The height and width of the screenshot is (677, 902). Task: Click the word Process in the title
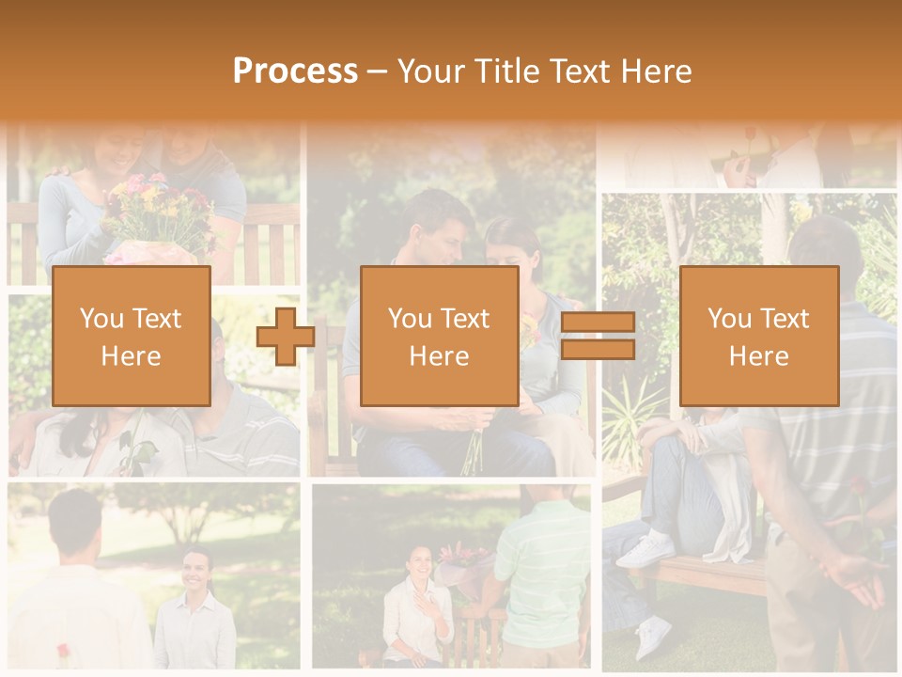pyautogui.click(x=295, y=71)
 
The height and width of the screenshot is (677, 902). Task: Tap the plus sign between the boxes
pyautogui.click(x=286, y=337)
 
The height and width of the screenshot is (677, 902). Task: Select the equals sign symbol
pyautogui.click(x=598, y=337)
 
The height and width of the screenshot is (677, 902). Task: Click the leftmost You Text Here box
pyautogui.click(x=131, y=336)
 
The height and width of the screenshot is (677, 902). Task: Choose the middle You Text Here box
pyautogui.click(x=439, y=336)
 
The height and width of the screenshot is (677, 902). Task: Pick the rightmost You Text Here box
pyautogui.click(x=758, y=336)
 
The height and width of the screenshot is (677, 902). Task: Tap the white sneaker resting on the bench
pyautogui.click(x=645, y=549)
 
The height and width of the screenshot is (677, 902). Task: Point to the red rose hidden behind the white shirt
pyautogui.click(x=63, y=650)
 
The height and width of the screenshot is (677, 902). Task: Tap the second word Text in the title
pyautogui.click(x=579, y=71)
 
